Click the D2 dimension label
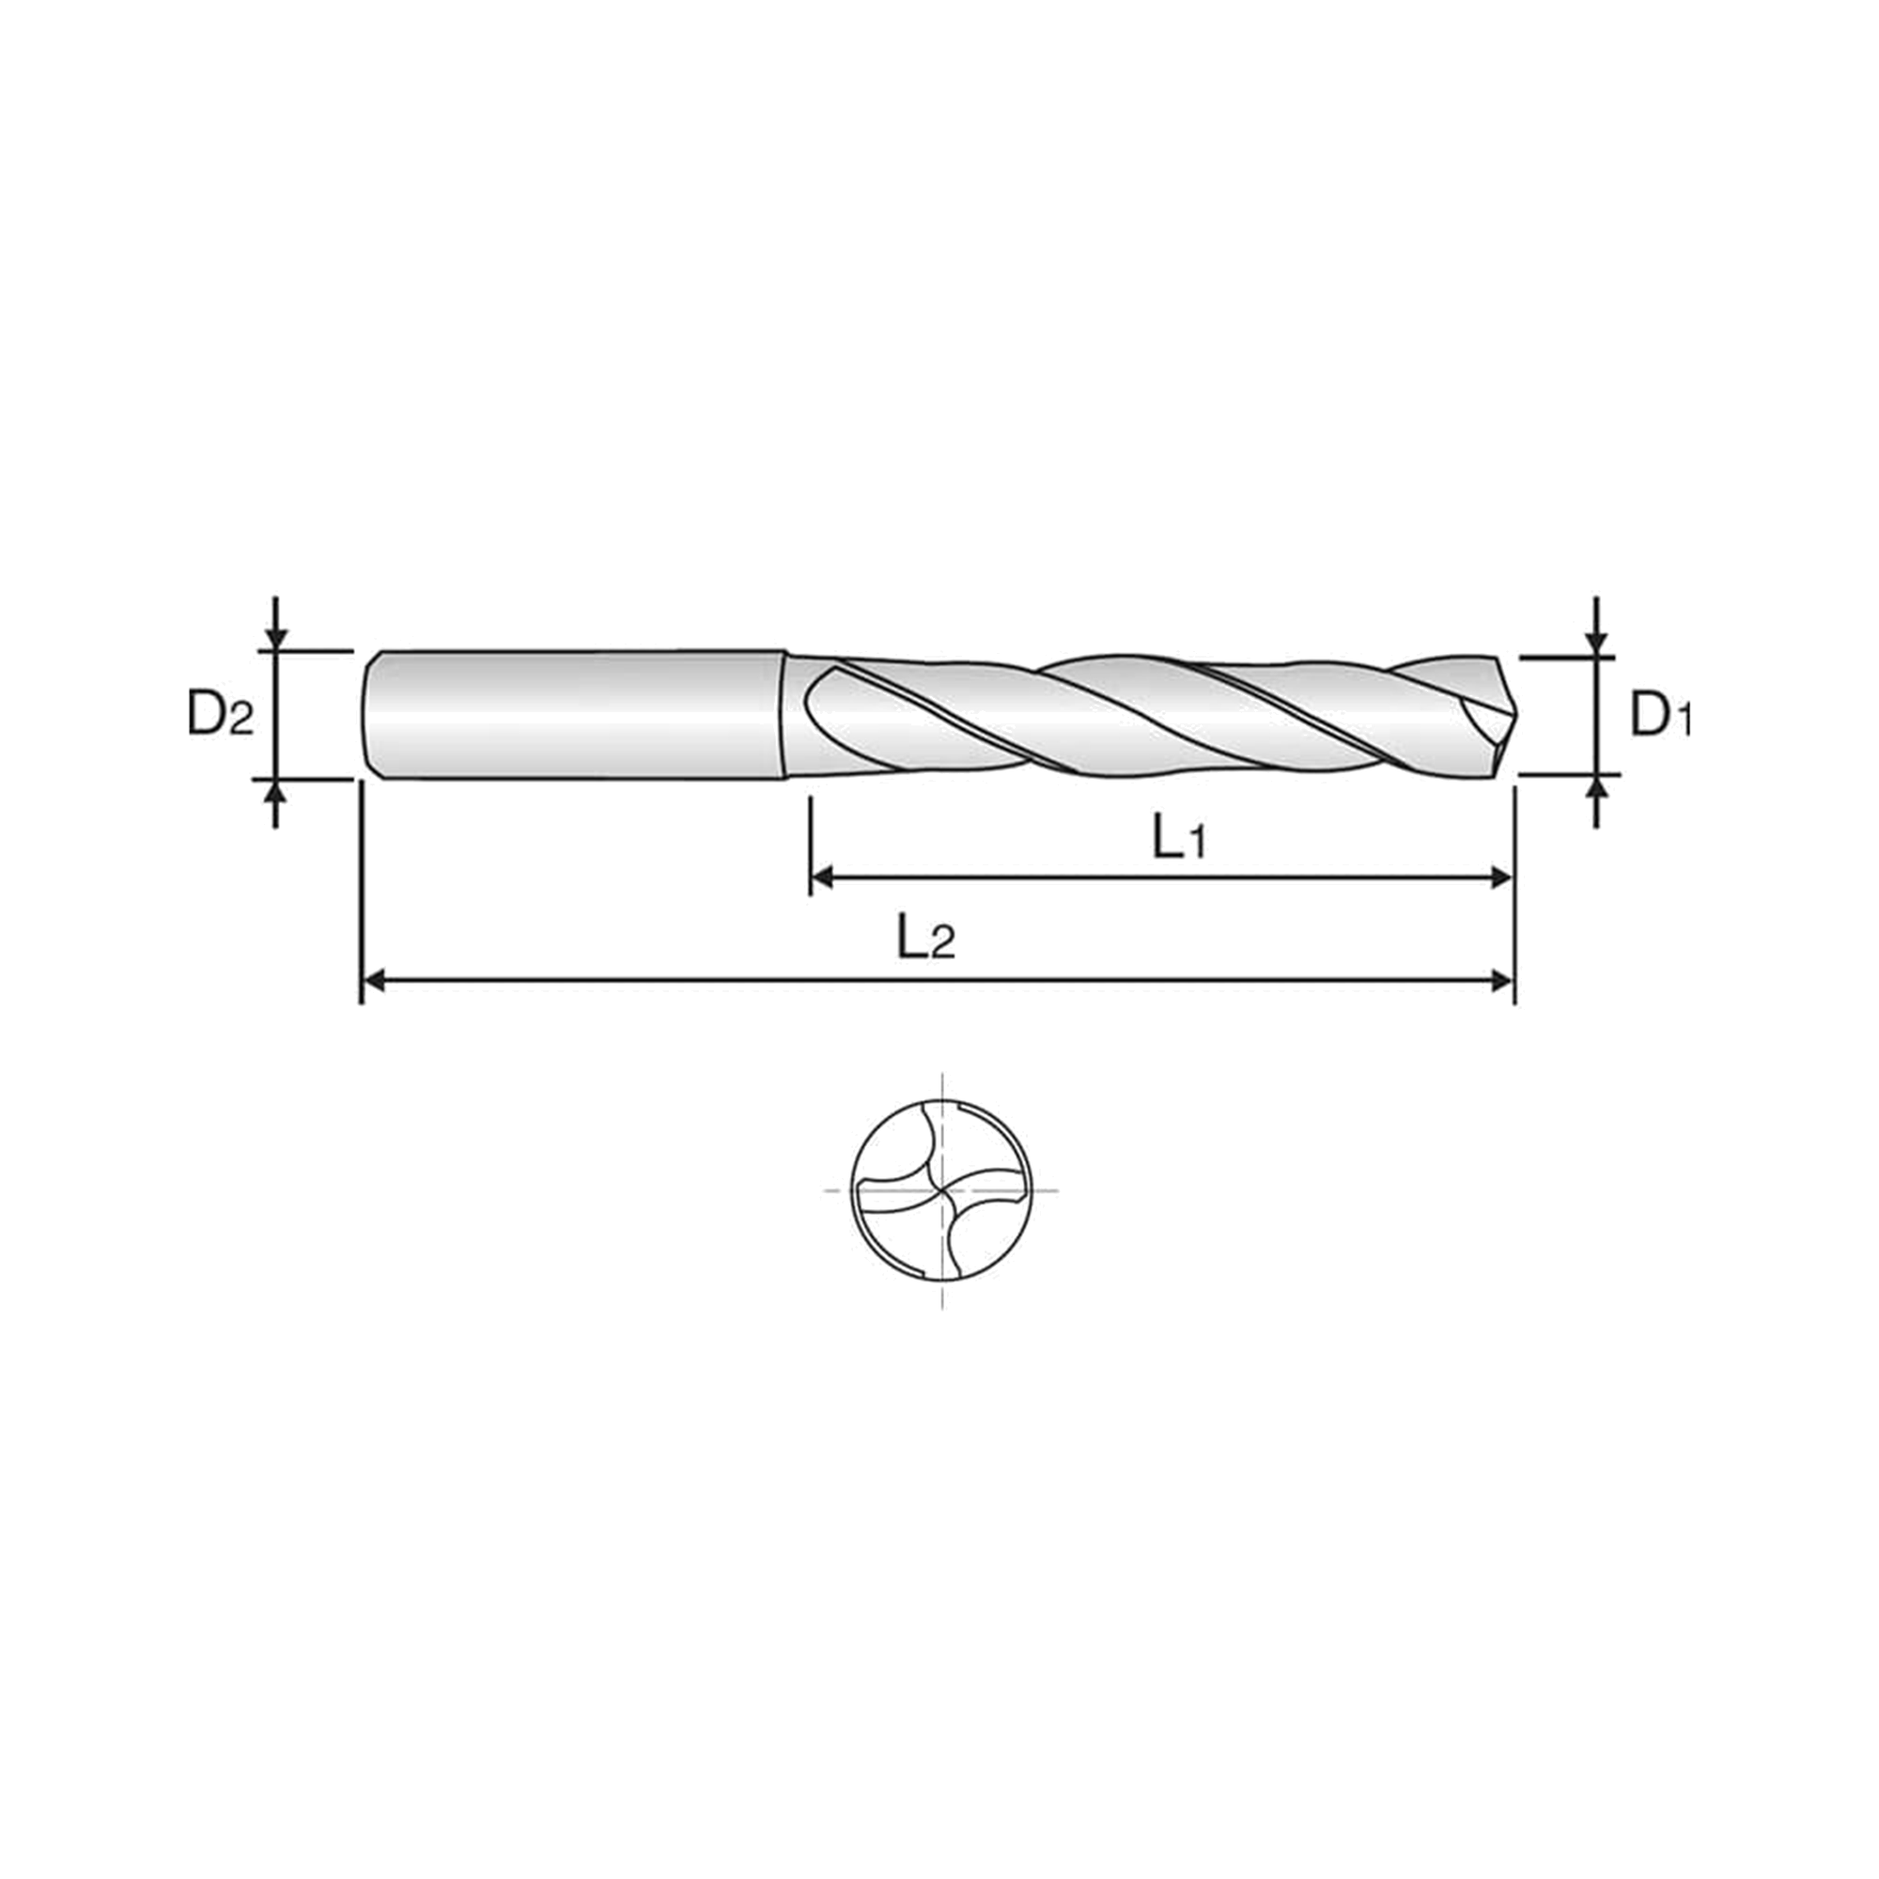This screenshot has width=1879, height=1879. (x=220, y=716)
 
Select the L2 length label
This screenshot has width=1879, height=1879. (x=927, y=939)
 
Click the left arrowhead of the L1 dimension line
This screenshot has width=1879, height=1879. (x=823, y=879)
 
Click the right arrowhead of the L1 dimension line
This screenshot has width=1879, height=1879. (x=1501, y=879)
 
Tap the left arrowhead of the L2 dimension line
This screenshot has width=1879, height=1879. (x=375, y=982)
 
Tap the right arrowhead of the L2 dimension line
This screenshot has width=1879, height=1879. (x=1501, y=982)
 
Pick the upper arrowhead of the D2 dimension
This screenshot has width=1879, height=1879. (x=277, y=638)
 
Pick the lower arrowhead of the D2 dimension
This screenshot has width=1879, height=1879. (x=277, y=792)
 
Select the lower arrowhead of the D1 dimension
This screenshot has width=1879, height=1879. (x=1596, y=786)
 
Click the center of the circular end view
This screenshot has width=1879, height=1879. (x=941, y=1189)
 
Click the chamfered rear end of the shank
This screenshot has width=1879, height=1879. (x=370, y=714)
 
